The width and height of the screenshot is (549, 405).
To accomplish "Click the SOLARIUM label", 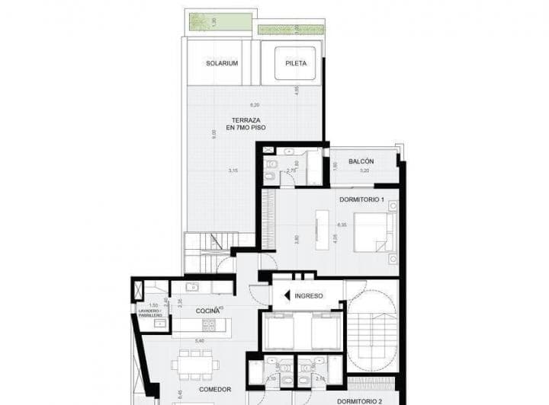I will (x=222, y=63).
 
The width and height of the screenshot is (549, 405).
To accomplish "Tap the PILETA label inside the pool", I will (x=296, y=63).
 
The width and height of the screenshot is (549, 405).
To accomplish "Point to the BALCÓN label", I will (x=361, y=162).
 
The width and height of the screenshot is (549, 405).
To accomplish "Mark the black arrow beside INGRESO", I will (x=287, y=295).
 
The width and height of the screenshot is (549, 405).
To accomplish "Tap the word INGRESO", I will (x=310, y=295).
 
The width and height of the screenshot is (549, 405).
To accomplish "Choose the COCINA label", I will (x=207, y=311).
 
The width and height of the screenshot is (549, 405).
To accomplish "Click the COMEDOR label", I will (x=216, y=389).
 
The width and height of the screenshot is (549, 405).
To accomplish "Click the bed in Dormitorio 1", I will (x=375, y=231).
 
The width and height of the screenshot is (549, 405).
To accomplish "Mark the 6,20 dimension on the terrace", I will (x=254, y=104).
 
